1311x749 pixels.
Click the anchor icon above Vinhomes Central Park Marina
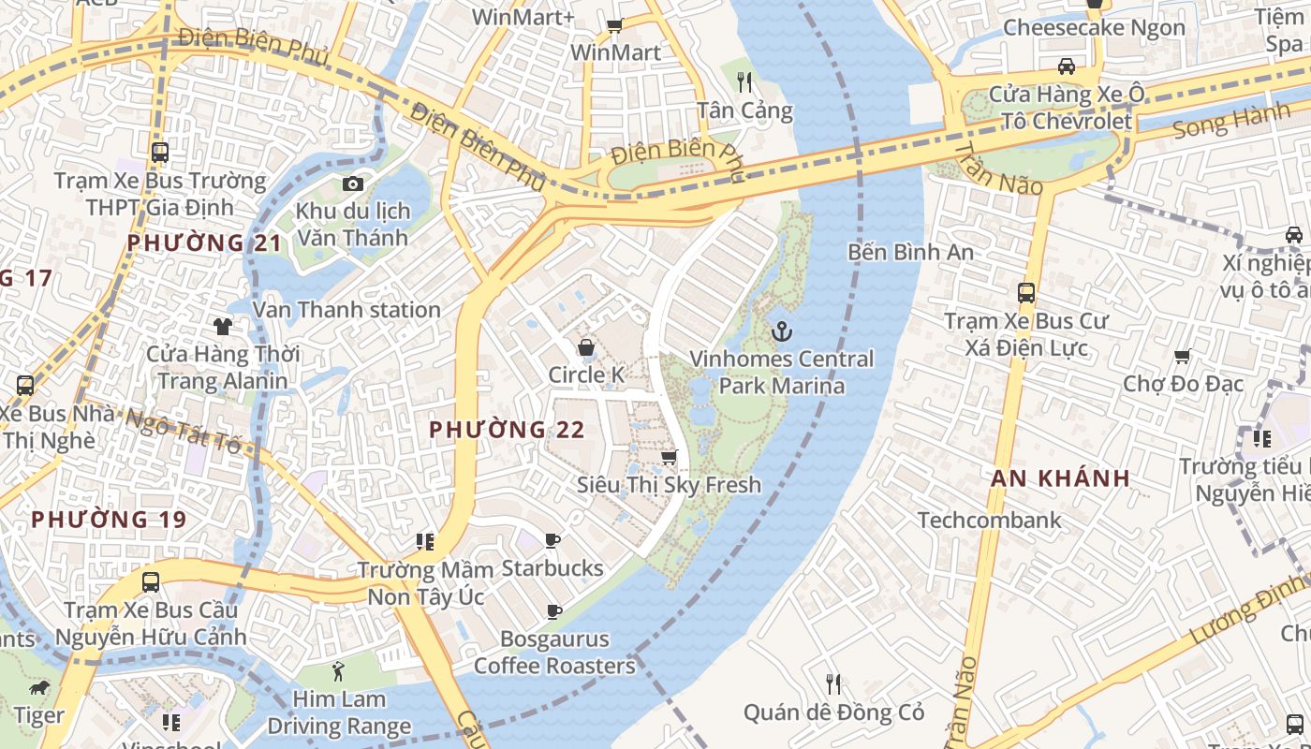(x=780, y=331)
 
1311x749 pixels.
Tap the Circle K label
(x=586, y=375)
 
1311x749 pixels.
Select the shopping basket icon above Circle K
(x=586, y=348)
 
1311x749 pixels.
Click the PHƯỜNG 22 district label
(x=507, y=430)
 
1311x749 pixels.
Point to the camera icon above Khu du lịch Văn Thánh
(x=352, y=184)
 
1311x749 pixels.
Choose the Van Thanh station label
(x=346, y=310)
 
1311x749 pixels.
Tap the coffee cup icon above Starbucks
(x=552, y=540)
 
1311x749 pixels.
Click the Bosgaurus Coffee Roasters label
(x=554, y=653)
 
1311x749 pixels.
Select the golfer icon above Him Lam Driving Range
(x=338, y=670)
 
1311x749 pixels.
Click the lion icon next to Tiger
(x=39, y=689)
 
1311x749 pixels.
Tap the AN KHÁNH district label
(x=1060, y=477)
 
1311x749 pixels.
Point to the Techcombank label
(x=989, y=521)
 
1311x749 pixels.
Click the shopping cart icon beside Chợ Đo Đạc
(x=1182, y=356)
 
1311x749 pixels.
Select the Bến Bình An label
(x=910, y=252)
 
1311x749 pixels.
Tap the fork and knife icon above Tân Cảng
(x=744, y=82)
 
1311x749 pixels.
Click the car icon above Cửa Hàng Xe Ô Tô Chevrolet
(x=1066, y=66)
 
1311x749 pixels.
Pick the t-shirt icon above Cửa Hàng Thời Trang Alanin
(x=223, y=327)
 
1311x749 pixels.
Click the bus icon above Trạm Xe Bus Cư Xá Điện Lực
(x=1025, y=293)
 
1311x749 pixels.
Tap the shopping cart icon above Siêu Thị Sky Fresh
(x=669, y=458)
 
